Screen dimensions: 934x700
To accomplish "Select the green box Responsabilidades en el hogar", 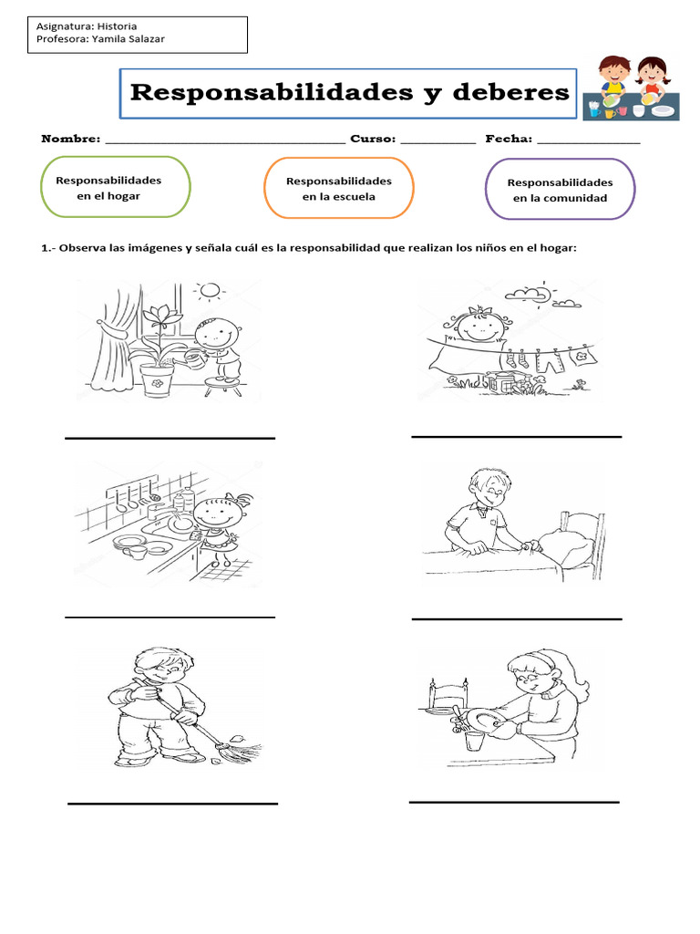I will click(x=115, y=188).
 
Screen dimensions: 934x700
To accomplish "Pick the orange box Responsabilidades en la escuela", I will click(x=338, y=189).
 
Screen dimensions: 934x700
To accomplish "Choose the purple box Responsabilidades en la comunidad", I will click(x=560, y=190).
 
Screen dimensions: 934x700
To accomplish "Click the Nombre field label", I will click(x=70, y=139).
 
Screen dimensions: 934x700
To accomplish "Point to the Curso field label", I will click(x=372, y=139).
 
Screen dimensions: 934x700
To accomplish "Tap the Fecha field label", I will click(x=508, y=139).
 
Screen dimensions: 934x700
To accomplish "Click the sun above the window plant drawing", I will click(x=211, y=292).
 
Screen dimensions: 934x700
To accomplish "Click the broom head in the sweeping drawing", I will click(x=239, y=753).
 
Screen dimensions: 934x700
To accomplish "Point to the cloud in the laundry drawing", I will click(x=527, y=295).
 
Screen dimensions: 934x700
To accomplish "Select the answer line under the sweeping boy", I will click(x=172, y=804).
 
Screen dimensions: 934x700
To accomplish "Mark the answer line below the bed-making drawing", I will click(x=517, y=619).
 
